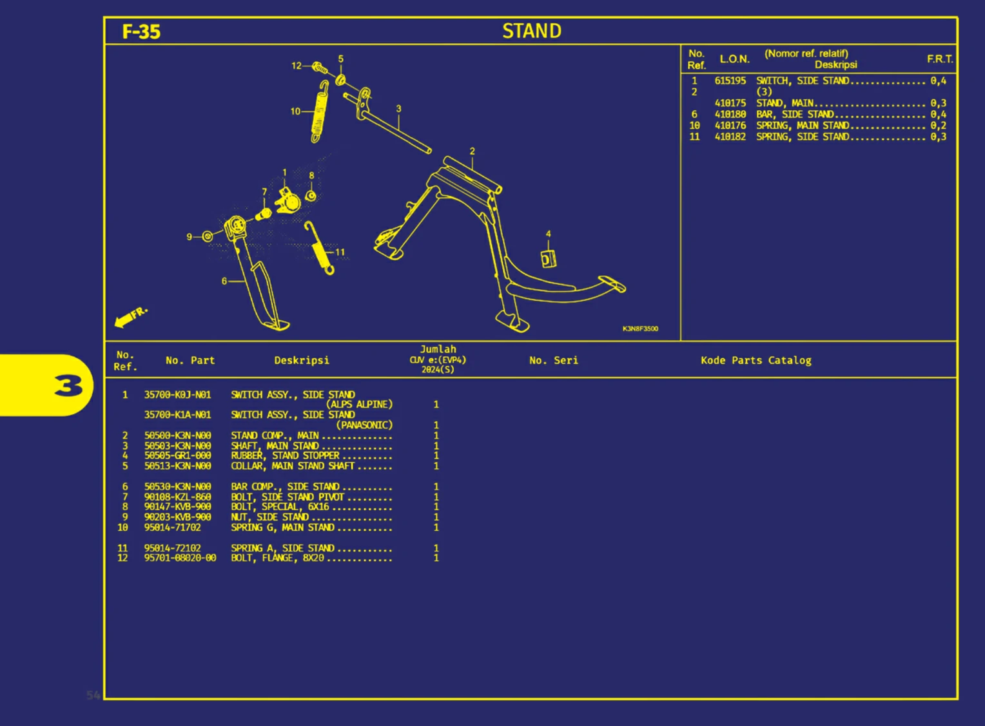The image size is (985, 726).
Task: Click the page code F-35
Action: tap(141, 32)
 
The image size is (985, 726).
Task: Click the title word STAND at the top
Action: tap(532, 31)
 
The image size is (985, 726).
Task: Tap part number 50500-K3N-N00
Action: tap(177, 435)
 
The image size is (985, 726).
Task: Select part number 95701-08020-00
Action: tap(180, 558)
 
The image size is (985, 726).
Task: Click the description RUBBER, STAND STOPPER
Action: tap(285, 455)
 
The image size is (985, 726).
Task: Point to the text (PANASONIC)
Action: tap(364, 425)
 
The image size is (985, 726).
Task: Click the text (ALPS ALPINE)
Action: tap(359, 405)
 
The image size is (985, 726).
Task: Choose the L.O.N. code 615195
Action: tap(730, 81)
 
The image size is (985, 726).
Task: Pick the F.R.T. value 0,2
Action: tap(938, 126)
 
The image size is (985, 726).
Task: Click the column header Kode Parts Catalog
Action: tap(756, 361)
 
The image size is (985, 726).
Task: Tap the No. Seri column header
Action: tap(553, 361)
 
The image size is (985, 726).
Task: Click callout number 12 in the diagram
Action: tap(297, 66)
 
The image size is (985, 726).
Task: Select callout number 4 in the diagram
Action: tap(549, 234)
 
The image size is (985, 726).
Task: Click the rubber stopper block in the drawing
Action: tap(548, 259)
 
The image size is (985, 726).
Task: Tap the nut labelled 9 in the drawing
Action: tap(208, 236)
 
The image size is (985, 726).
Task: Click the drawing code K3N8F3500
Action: tap(640, 329)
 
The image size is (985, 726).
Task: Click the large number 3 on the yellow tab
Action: tap(68, 385)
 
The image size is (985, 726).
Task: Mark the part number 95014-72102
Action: tap(172, 548)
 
